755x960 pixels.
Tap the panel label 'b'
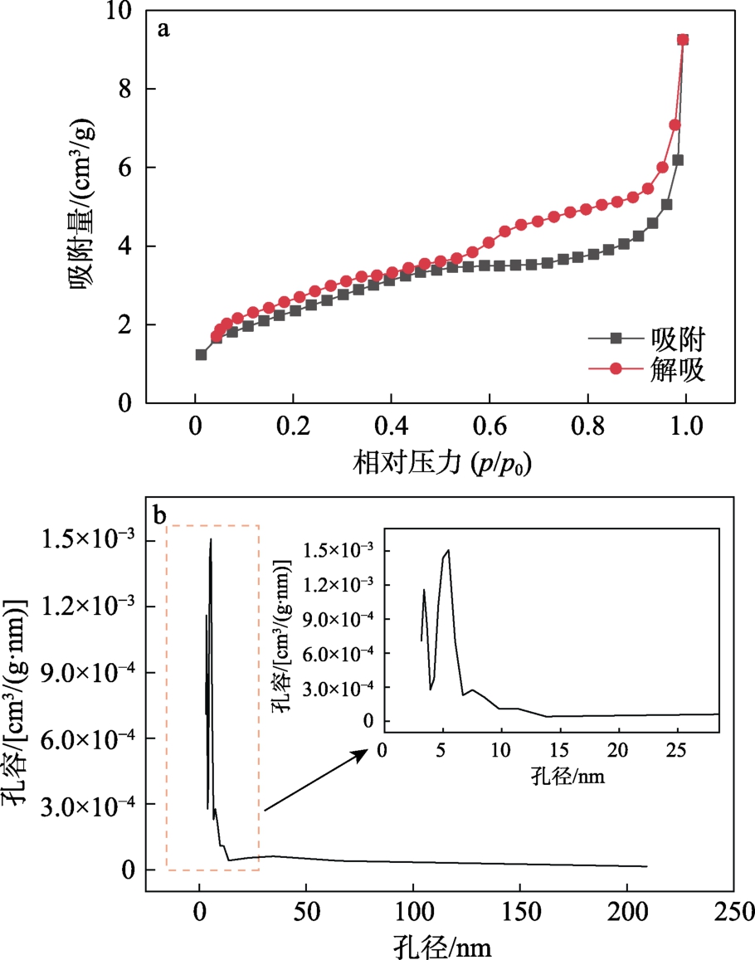coord(161,515)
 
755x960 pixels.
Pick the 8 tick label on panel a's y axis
coord(127,89)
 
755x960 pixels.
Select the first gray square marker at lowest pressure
coord(201,354)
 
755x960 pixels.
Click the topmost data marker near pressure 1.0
coord(683,39)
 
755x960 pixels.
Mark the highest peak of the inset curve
coord(448,549)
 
